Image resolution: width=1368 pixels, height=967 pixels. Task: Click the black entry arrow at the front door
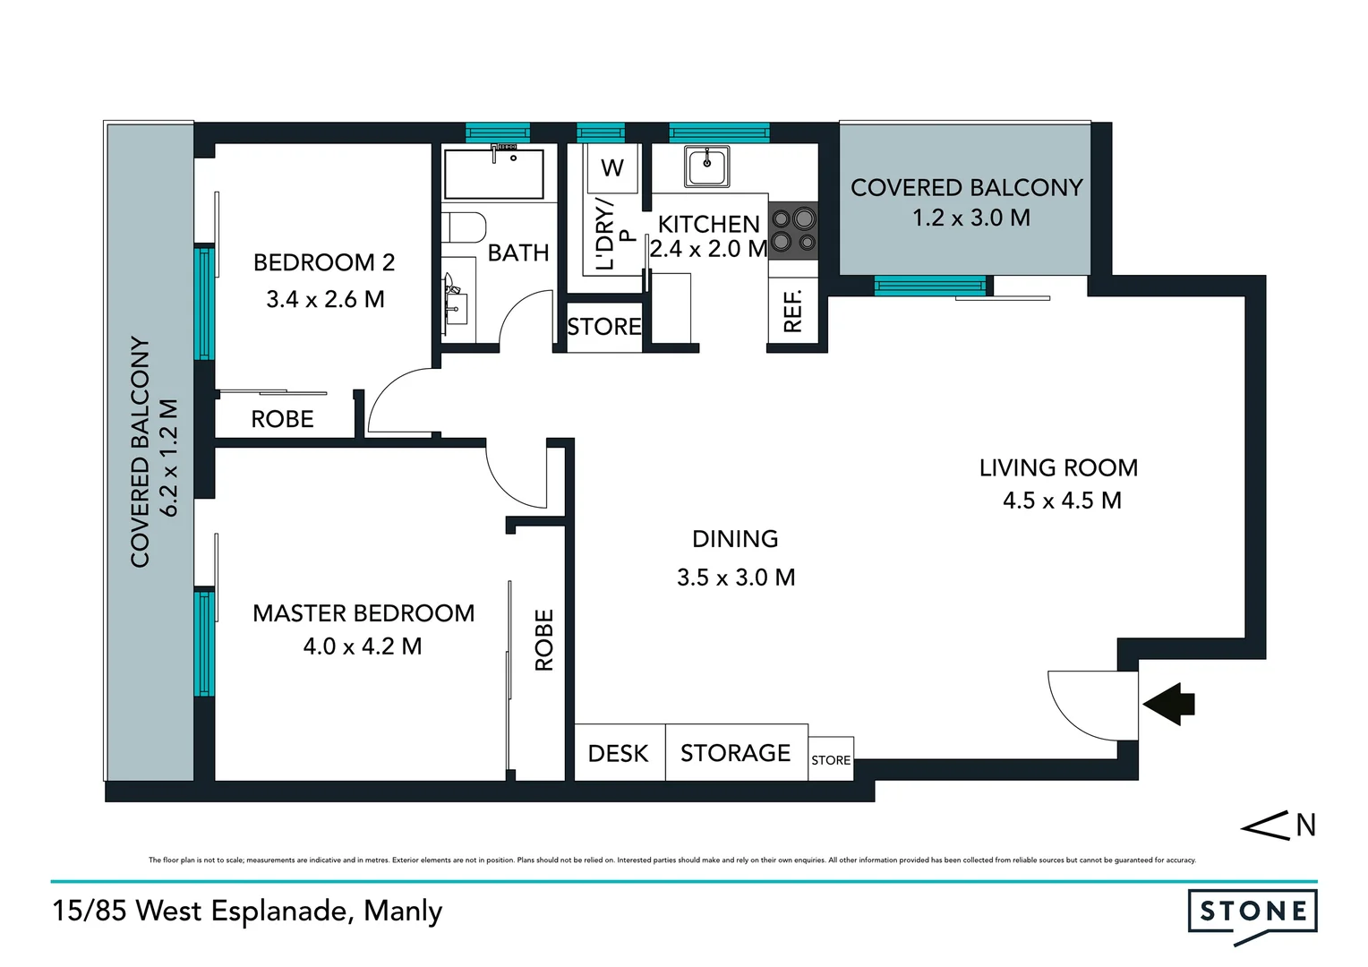click(1170, 704)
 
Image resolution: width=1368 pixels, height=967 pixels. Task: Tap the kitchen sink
click(706, 166)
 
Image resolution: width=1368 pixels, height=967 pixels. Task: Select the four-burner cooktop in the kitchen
click(793, 229)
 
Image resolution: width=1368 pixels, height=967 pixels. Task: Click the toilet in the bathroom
click(464, 227)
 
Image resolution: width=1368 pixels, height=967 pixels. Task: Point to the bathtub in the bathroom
click(494, 174)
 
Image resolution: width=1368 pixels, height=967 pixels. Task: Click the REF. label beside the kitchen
click(792, 311)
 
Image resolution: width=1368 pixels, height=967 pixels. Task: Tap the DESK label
click(618, 754)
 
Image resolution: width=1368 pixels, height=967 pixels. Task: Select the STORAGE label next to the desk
click(735, 753)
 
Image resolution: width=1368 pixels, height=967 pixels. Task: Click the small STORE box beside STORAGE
click(831, 760)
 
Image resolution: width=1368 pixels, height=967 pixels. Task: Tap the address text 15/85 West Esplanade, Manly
click(247, 911)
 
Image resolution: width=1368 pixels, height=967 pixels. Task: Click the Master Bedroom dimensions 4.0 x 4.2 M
click(363, 646)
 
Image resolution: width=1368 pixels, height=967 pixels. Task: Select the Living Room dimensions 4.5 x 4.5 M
click(1062, 501)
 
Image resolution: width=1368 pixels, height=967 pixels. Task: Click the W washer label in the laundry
click(612, 167)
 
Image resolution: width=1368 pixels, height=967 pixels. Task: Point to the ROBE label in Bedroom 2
click(282, 419)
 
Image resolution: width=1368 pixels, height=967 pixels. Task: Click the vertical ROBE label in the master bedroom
click(544, 639)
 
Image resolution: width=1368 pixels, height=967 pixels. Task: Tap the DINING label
click(735, 539)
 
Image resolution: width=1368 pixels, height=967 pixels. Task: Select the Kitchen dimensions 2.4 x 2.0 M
click(709, 249)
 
